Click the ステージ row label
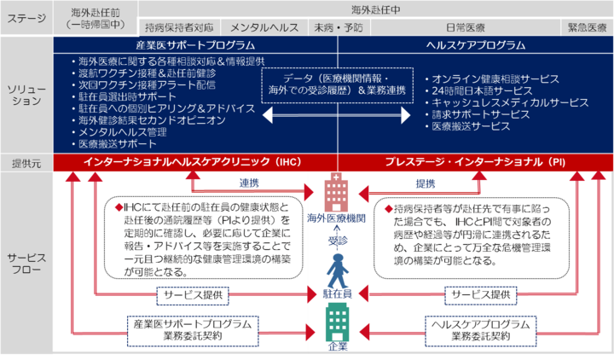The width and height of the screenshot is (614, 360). pos(26,17)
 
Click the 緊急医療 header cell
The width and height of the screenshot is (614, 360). pos(588,27)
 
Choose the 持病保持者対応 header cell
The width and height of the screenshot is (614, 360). pos(179,27)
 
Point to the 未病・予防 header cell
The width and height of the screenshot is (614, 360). pos(338,27)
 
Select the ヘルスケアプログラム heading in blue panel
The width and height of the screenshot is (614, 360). pos(475,45)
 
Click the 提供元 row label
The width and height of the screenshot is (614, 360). pos(26,162)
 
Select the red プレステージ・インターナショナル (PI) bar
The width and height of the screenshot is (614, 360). pos(475,161)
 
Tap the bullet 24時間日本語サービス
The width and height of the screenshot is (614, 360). pos(478,90)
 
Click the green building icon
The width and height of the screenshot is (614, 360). pos(333,323)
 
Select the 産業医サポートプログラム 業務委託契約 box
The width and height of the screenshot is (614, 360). pos(194,329)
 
